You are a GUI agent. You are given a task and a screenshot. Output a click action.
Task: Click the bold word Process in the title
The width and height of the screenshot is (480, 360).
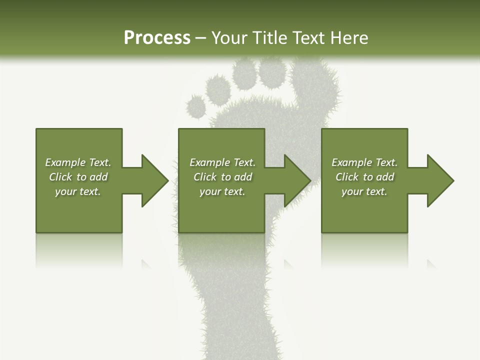coord(157,38)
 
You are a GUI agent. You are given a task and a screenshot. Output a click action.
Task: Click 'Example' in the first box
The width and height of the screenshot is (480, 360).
coord(65,162)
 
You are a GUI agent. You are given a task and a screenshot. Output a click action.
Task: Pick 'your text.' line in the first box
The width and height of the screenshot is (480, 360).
coord(78,191)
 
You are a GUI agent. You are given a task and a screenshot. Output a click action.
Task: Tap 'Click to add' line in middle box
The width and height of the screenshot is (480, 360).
coord(222,177)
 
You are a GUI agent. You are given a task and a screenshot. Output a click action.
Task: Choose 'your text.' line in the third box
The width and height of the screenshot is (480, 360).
coord(364,191)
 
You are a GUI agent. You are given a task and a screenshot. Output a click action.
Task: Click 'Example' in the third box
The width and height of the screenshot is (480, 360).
coord(352,162)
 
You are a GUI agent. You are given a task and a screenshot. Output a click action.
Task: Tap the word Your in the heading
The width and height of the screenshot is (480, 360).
coord(230,38)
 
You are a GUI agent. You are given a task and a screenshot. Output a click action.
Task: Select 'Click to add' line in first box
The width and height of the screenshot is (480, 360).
coord(78,177)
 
